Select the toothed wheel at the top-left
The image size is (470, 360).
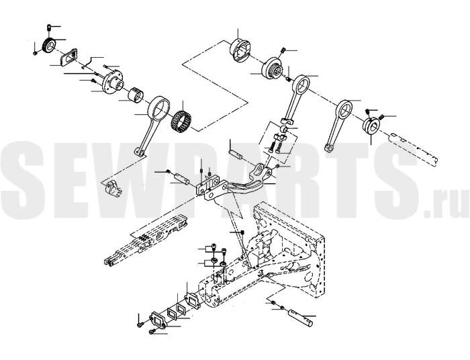(x=49, y=45)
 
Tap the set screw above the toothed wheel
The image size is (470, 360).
(x=49, y=28)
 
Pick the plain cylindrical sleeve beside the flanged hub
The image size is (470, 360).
(x=135, y=95)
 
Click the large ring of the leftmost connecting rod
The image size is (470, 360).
(x=160, y=108)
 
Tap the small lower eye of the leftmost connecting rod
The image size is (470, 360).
(x=139, y=152)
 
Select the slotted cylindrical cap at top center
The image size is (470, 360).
(x=240, y=50)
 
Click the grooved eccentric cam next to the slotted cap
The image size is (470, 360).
(x=272, y=69)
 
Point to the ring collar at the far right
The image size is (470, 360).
(x=372, y=126)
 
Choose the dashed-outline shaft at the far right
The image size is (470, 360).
(x=413, y=148)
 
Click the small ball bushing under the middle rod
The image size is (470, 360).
(x=284, y=129)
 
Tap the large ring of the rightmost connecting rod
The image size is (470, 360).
(x=344, y=109)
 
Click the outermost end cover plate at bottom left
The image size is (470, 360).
(x=160, y=321)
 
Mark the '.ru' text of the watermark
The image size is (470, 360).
(x=446, y=203)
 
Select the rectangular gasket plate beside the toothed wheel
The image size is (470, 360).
(x=68, y=57)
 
